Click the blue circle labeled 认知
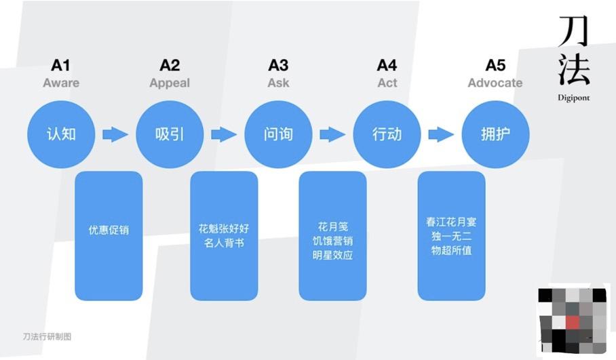coord(61,134)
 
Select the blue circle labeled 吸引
coord(170,134)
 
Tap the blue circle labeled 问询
coord(278,134)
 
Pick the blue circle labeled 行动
coord(387,134)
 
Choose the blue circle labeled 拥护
coord(495,134)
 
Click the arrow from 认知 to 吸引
coord(115,134)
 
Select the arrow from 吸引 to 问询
coord(224,134)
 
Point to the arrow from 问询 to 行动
coord(332,134)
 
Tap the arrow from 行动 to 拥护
coord(441,134)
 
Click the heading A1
coord(61,65)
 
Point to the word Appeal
coord(170,83)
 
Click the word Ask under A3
coord(278,83)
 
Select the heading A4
coord(387,65)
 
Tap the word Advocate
coord(495,83)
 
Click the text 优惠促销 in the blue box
coord(109,230)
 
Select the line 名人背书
coord(224,242)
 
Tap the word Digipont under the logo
coord(574,97)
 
